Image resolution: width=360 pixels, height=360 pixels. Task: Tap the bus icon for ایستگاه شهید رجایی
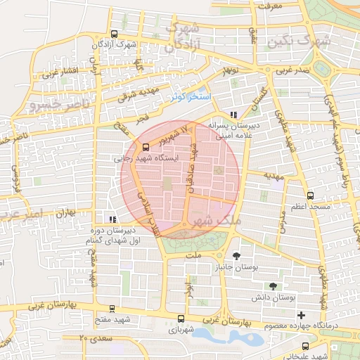point(146,147)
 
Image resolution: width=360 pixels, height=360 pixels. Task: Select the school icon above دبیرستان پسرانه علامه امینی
point(234,115)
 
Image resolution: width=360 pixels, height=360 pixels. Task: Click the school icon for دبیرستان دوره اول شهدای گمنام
point(112,219)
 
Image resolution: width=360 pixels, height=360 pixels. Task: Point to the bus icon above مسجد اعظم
point(310,195)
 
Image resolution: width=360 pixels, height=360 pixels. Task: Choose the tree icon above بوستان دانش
point(273,286)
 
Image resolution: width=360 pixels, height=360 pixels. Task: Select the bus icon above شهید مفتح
point(112,308)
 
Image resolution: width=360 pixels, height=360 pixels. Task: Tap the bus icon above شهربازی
point(181,317)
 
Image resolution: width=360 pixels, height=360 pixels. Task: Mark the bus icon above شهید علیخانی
point(305,346)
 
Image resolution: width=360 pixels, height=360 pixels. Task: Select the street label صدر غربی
point(292,71)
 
